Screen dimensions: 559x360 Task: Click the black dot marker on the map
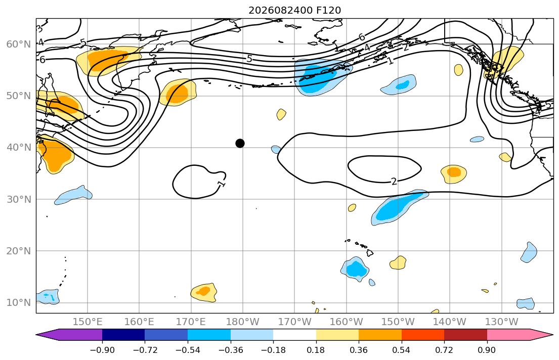coord(240,143)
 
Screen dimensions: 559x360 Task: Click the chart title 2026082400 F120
coord(295,10)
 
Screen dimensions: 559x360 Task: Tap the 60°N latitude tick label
coord(19,44)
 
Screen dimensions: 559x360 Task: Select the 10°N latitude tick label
coord(19,303)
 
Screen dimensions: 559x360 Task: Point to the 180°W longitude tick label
coord(243,322)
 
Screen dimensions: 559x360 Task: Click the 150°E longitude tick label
coord(88,322)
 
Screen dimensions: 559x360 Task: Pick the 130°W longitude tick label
coord(502,322)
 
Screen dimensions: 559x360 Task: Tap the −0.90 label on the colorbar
coord(102,350)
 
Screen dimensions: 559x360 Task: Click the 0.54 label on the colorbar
coord(402,350)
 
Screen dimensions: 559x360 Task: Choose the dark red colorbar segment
coord(465,335)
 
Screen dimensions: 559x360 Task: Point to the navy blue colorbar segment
coord(123,335)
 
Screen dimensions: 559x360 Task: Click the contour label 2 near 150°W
coord(394,182)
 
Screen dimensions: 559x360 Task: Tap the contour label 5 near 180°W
coord(249,59)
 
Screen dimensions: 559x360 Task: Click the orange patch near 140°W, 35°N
coord(454,172)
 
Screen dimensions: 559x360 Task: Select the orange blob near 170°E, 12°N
coord(203,291)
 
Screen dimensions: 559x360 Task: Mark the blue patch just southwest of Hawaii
coord(356,269)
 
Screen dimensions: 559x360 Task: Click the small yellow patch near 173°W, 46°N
coord(281,114)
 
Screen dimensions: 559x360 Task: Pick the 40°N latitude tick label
coord(19,148)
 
